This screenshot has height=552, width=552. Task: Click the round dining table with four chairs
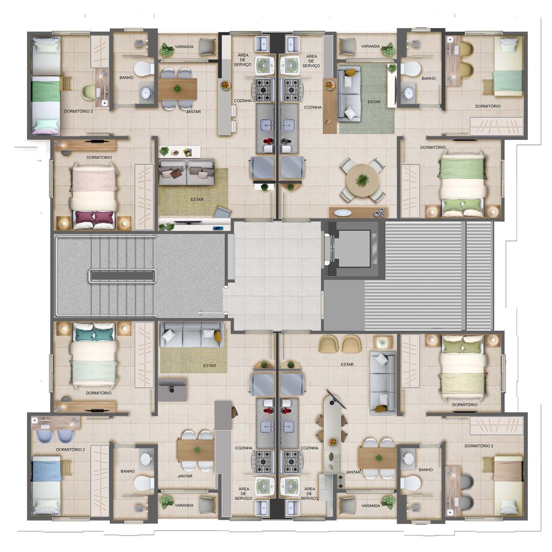pyautogui.click(x=362, y=181)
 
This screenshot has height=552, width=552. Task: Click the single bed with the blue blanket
pyautogui.click(x=46, y=485)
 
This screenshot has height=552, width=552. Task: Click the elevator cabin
pyautogui.click(x=353, y=248)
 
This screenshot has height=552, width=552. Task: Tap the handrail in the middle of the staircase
pyautogui.click(x=122, y=276)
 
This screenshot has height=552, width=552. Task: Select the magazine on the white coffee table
pyautogui.click(x=187, y=152)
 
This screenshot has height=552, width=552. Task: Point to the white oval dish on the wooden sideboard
pyautogui.click(x=342, y=213)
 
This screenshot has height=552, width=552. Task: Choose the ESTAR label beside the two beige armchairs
pyautogui.click(x=347, y=364)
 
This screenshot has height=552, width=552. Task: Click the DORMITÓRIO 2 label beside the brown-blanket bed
pyautogui.click(x=479, y=445)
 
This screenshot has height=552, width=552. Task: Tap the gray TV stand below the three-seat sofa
pyautogui.click(x=172, y=389)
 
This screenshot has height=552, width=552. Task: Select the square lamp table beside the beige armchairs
pyautogui.click(x=383, y=343)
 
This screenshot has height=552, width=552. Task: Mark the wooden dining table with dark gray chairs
pyautogui.click(x=177, y=89)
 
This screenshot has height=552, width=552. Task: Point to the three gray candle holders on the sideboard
pyautogui.click(x=380, y=212)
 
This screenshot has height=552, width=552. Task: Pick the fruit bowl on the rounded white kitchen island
pyautogui.click(x=332, y=442)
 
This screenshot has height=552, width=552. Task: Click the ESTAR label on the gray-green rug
pyautogui.click(x=374, y=102)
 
